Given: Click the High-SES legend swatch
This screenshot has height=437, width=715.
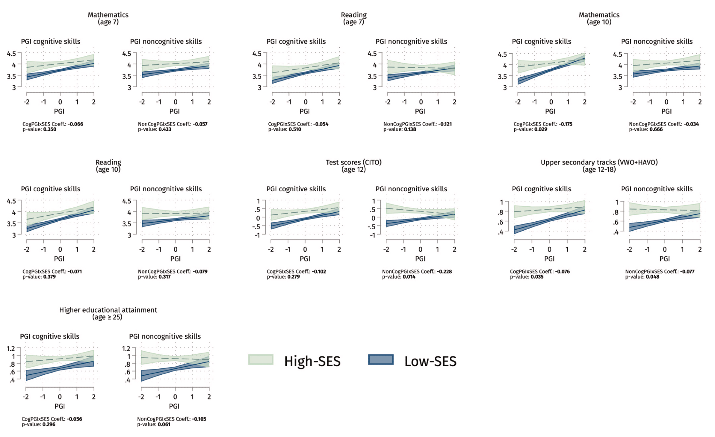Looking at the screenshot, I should pyautogui.click(x=261, y=359).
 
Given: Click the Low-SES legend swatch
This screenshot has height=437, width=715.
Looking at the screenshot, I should pyautogui.click(x=381, y=359).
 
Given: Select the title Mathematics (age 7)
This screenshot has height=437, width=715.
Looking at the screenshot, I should pyautogui.click(x=108, y=18).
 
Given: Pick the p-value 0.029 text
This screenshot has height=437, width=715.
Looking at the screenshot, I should pyautogui.click(x=540, y=129).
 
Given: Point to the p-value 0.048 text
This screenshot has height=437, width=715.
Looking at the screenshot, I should pyautogui.click(x=652, y=277).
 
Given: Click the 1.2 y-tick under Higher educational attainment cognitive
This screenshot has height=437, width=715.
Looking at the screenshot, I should pyautogui.click(x=11, y=348).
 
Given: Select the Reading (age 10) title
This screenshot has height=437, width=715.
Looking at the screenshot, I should pyautogui.click(x=108, y=166).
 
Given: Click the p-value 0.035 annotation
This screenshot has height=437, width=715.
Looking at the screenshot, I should pyautogui.click(x=537, y=277).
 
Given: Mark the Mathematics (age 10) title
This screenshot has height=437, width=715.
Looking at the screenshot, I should pyautogui.click(x=599, y=18).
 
